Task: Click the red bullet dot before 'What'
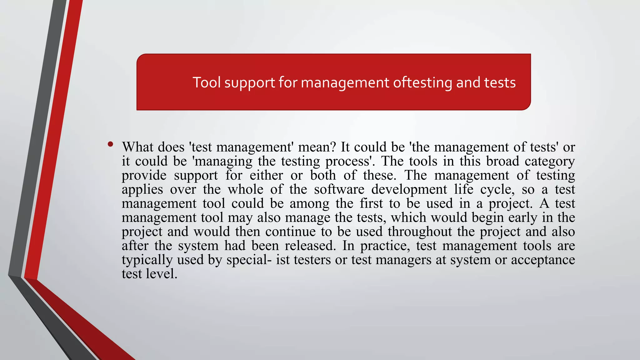click(x=110, y=144)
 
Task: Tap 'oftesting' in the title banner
click(x=422, y=82)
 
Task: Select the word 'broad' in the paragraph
click(x=502, y=161)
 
